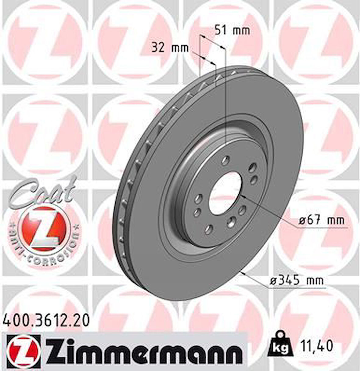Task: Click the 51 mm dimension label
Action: [232, 30]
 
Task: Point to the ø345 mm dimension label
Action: [296, 280]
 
